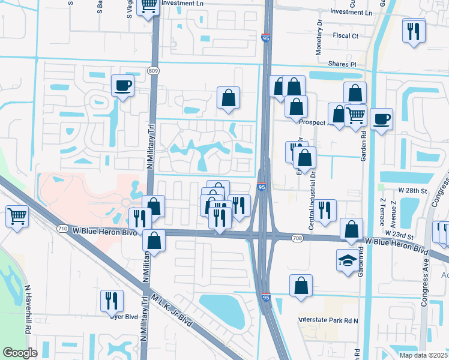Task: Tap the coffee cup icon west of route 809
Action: pyautogui.click(x=122, y=86)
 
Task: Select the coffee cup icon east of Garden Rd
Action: pyautogui.click(x=381, y=119)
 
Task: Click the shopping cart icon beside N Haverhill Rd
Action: pyautogui.click(x=17, y=215)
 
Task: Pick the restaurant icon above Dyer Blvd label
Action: pyautogui.click(x=112, y=301)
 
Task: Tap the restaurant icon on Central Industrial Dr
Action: pyautogui.click(x=325, y=210)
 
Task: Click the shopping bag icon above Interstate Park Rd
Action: pyautogui.click(x=301, y=286)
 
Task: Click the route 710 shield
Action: pyautogui.click(x=62, y=229)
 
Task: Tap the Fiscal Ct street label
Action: pyautogui.click(x=345, y=36)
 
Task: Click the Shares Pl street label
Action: pyautogui.click(x=342, y=64)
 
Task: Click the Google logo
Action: pyautogui.click(x=20, y=352)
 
